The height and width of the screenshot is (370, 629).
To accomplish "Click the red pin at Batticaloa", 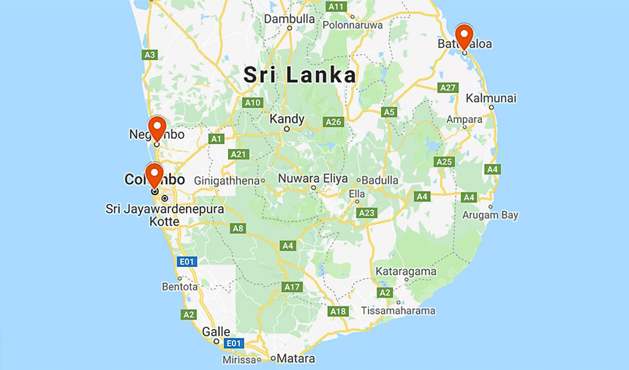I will click(x=464, y=35).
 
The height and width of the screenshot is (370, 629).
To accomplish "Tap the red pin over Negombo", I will click(x=157, y=127).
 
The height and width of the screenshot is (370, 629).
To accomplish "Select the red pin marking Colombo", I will click(x=154, y=174).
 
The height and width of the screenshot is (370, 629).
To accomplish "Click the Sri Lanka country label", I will click(x=299, y=75).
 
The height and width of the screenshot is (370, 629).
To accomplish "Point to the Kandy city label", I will click(x=287, y=118).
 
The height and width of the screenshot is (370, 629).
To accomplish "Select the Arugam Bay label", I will click(x=490, y=215).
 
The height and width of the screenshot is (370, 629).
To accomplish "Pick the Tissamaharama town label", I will click(x=398, y=311).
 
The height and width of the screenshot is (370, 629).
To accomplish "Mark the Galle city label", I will click(x=216, y=331).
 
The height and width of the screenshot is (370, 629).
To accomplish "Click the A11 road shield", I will click(x=336, y=7).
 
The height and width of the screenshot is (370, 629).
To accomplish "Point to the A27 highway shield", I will click(x=448, y=87).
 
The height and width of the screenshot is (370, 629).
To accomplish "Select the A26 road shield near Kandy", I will click(x=334, y=121).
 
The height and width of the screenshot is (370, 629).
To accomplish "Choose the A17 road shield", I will click(x=293, y=287).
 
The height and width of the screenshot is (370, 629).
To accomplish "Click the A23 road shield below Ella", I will click(x=366, y=213).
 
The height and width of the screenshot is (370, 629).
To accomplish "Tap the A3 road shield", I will click(x=150, y=54).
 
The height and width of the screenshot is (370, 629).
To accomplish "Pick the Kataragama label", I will click(x=406, y=271).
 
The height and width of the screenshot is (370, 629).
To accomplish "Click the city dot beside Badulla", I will click(x=358, y=180).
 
